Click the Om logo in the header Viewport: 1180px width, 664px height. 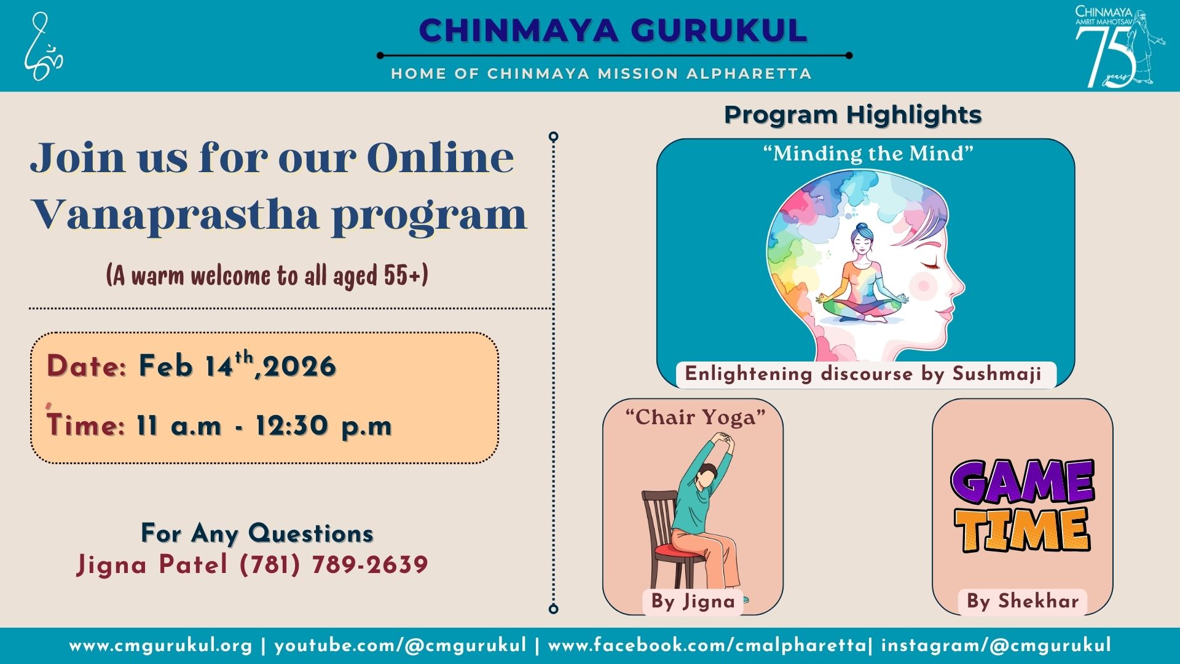[43, 47]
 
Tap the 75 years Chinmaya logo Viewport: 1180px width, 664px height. [1119, 47]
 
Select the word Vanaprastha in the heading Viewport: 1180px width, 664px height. [175, 215]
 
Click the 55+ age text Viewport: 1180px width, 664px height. [406, 275]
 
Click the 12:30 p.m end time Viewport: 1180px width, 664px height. [324, 425]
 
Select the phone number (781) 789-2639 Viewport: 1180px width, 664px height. [334, 564]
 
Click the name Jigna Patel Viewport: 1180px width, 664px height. [152, 565]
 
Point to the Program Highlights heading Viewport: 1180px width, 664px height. [852, 115]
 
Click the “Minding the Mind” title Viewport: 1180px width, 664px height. [868, 153]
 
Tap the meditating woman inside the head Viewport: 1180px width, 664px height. [862, 273]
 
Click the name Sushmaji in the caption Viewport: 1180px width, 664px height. [997, 374]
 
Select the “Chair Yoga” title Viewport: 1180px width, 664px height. [695, 417]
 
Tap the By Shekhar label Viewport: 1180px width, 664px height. [1023, 601]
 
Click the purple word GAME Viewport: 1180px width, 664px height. [1022, 482]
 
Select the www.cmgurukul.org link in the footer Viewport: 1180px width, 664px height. [161, 646]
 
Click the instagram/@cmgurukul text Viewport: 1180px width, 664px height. [996, 646]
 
